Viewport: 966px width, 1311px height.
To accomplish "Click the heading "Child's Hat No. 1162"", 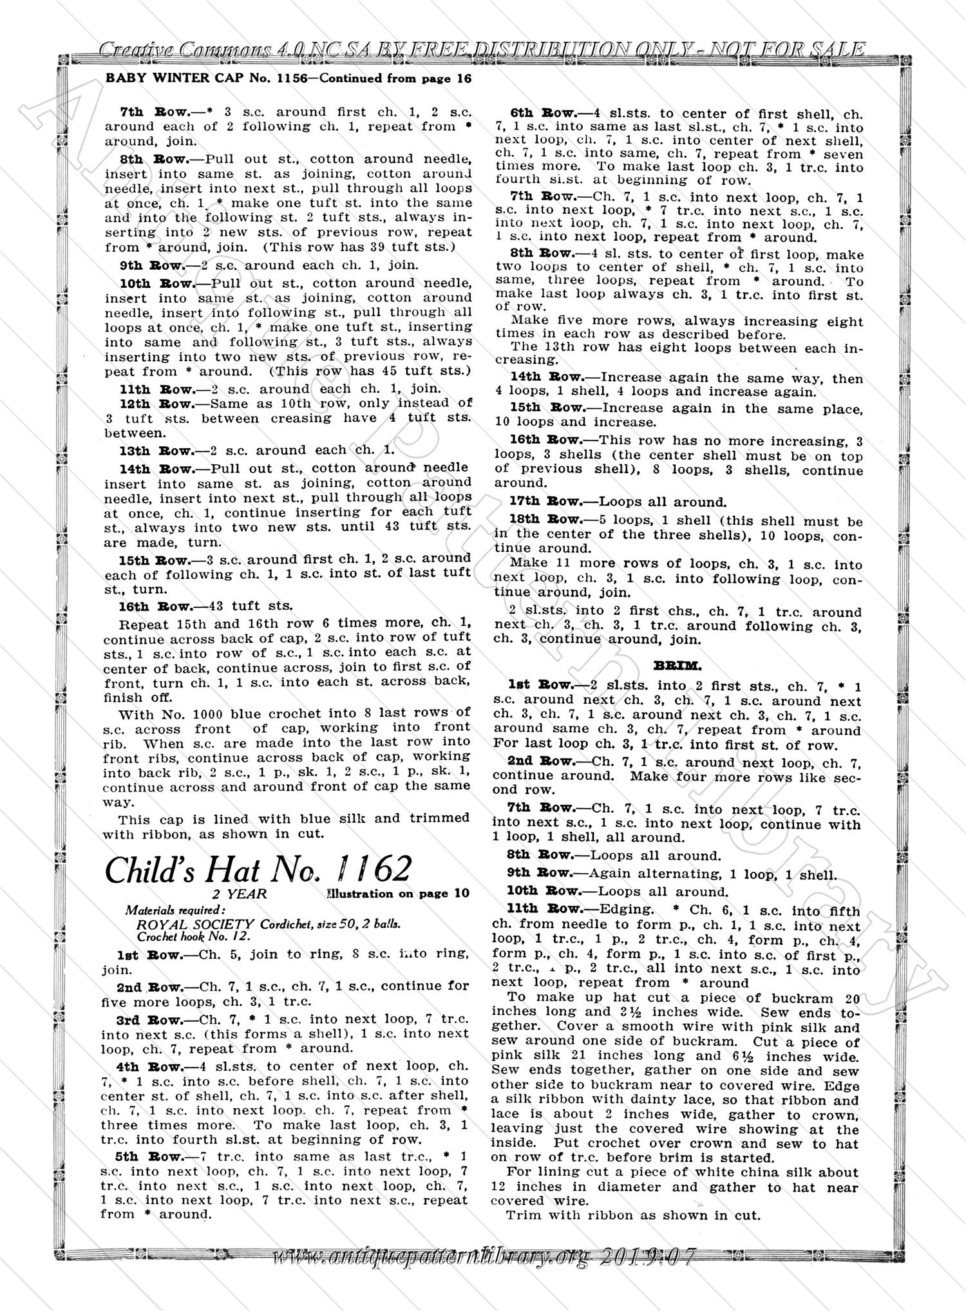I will pos(258,870).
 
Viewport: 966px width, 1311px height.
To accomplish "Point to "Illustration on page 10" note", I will pos(398,894).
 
